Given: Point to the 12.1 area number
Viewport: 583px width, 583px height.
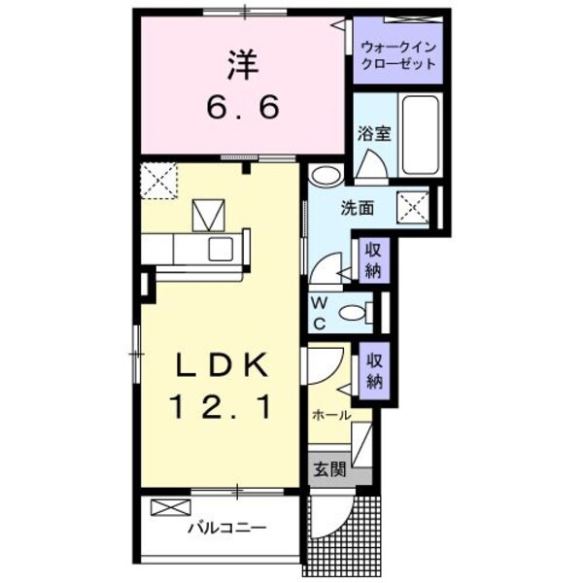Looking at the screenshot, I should coord(221,404).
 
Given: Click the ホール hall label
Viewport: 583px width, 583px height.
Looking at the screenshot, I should coord(331,415).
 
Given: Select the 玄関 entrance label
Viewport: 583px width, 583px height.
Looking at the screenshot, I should coord(329,469).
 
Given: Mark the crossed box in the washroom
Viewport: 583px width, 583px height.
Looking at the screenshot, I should coord(417,206).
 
